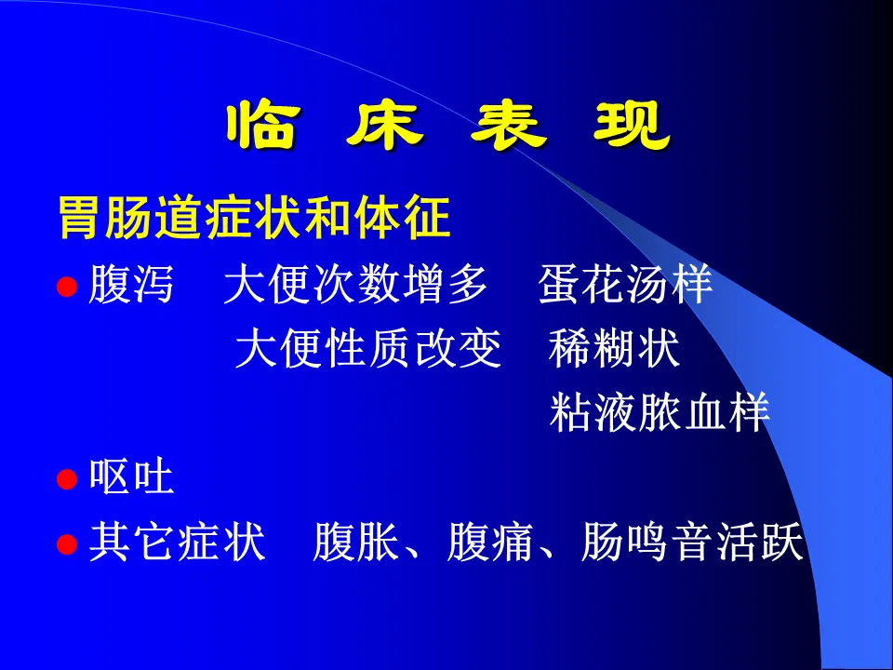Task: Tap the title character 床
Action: point(385,126)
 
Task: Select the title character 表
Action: point(509,126)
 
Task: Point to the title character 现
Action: point(633,126)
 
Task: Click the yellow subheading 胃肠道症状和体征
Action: point(255,218)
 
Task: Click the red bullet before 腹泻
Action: point(67,287)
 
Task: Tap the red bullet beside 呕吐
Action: point(67,479)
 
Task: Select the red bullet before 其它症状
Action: point(67,544)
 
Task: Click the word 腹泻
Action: point(130,284)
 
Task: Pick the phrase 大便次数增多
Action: point(355,284)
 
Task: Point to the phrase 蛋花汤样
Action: point(625,284)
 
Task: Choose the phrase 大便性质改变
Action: point(368,348)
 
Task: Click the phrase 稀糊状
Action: point(614,348)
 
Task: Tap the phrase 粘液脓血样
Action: point(660,411)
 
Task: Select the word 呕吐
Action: point(131,476)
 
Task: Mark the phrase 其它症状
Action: point(177,542)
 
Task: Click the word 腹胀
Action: point(354,542)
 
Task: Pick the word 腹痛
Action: point(489,542)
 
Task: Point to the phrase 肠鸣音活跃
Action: point(692,542)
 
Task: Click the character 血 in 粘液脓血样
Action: point(704,411)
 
